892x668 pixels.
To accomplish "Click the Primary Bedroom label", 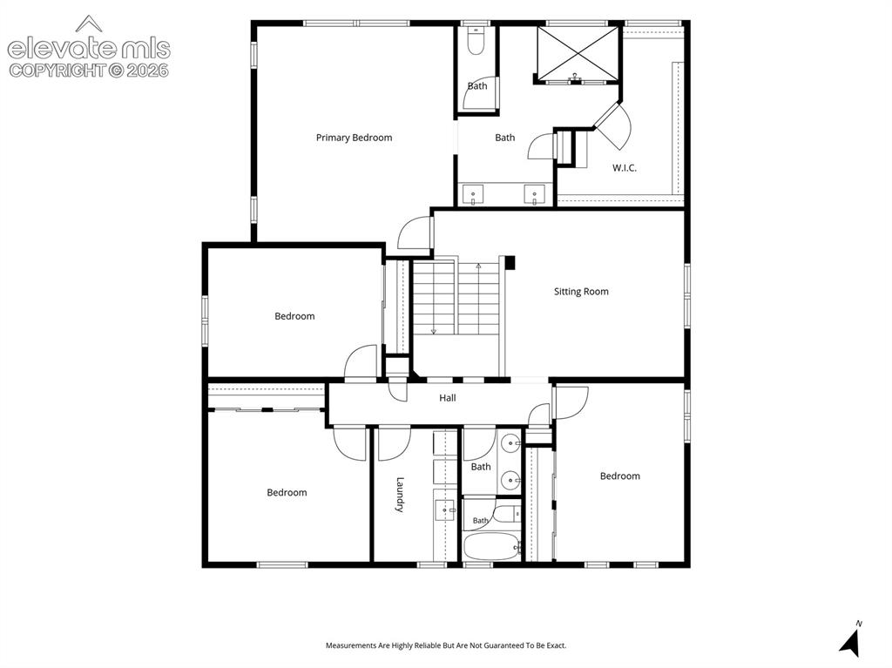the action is pyautogui.click(x=354, y=138).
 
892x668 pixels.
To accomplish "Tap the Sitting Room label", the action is pyautogui.click(x=581, y=292).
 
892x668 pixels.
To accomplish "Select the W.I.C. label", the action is pyautogui.click(x=624, y=168).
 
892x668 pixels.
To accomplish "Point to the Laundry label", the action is pyautogui.click(x=399, y=495).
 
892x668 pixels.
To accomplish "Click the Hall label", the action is pyautogui.click(x=447, y=398).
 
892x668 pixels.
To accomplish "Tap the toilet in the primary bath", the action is pyautogui.click(x=475, y=41).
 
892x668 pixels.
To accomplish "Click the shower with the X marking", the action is pyautogui.click(x=578, y=54).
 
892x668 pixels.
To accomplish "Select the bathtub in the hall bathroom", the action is pyautogui.click(x=491, y=546).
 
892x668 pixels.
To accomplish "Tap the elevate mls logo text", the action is pyautogui.click(x=89, y=48).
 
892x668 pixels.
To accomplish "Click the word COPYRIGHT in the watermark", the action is pyautogui.click(x=57, y=70).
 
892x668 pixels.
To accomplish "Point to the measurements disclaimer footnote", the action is pyautogui.click(x=446, y=645).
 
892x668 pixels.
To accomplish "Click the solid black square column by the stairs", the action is pyautogui.click(x=510, y=262).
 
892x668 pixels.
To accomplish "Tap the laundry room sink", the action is pyautogui.click(x=445, y=510).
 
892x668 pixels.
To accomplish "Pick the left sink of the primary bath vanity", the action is pyautogui.click(x=473, y=194).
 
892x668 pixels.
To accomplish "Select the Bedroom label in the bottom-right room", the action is pyautogui.click(x=619, y=476).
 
